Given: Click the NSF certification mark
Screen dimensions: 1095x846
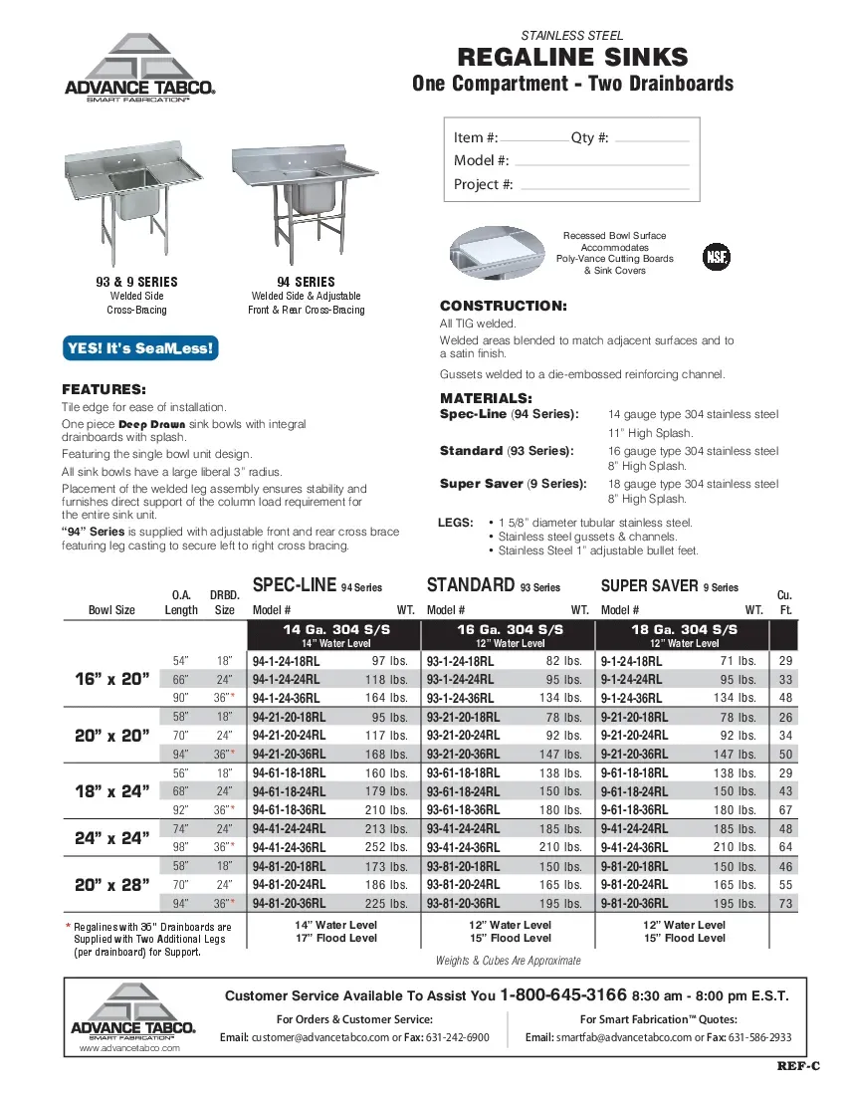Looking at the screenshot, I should tap(716, 256).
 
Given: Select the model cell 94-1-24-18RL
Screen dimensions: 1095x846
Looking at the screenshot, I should tap(287, 661).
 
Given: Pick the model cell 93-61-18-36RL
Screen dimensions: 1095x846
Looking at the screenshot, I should tap(461, 809).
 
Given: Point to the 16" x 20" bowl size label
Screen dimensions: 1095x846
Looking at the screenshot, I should tap(111, 679).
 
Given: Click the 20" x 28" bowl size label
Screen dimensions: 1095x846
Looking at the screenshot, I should tap(111, 884).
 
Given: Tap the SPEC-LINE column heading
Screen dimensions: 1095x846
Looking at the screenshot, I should tap(296, 585).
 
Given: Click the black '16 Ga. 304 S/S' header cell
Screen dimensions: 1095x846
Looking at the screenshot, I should tap(510, 630).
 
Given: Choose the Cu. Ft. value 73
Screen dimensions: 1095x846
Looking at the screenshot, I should tap(785, 904).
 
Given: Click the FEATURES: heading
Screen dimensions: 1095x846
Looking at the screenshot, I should tap(105, 388).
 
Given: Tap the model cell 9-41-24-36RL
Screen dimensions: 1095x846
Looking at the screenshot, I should tap(635, 847).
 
